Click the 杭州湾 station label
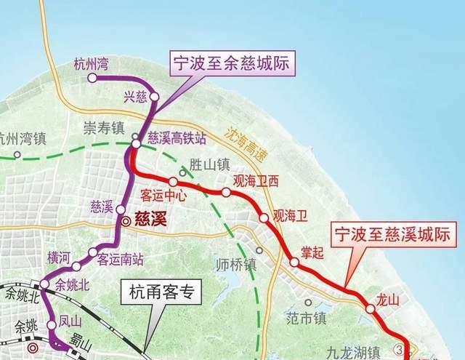click(x=92, y=64)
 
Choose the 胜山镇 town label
click(x=209, y=164)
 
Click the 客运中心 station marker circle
click(x=173, y=182)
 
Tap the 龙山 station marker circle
click(x=371, y=308)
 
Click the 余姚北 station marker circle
click(x=44, y=284)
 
